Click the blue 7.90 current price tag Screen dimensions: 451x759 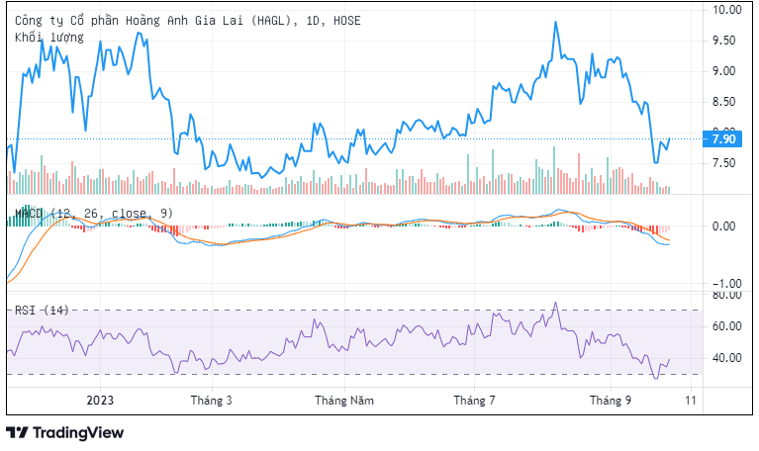(724, 138)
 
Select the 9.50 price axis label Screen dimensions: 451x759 (725, 41)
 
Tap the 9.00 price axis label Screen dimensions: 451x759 (725, 71)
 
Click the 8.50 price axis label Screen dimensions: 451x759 (725, 102)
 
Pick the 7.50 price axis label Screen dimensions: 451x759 (725, 163)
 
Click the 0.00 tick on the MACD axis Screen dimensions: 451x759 (725, 225)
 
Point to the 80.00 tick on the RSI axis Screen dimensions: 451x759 (725, 295)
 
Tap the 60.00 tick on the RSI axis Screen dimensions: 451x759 (725, 326)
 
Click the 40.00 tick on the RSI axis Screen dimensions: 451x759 (725, 358)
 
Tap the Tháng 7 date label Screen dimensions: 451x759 (474, 401)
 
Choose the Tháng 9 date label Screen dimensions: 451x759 (611, 401)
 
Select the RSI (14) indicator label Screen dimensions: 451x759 (41, 311)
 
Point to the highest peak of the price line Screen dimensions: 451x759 (555, 22)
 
